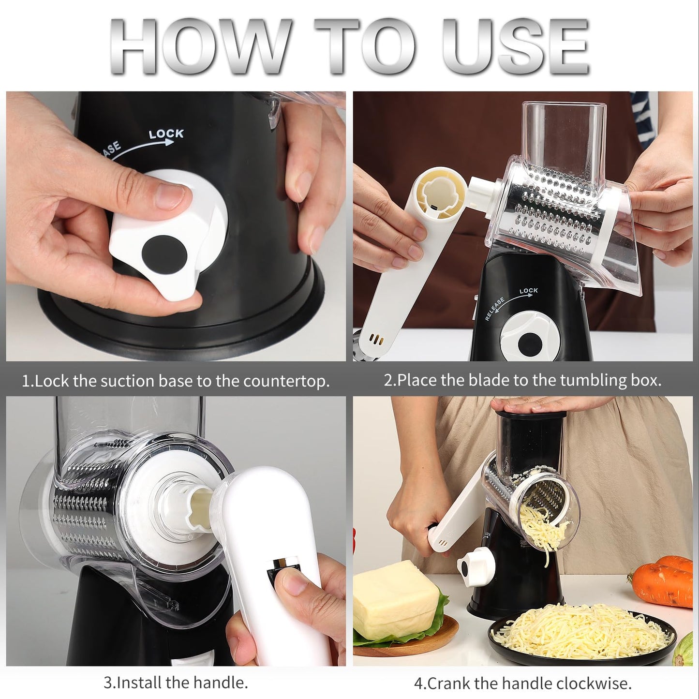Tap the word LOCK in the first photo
pyautogui.click(x=166, y=134)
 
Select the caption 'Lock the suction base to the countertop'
pyautogui.click(x=176, y=381)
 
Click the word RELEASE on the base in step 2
pyautogui.click(x=495, y=309)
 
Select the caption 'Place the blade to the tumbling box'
pyautogui.click(x=522, y=380)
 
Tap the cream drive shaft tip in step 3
pyautogui.click(x=200, y=510)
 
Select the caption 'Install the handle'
pyautogui.click(x=176, y=683)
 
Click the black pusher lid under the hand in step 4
pyautogui.click(x=531, y=414)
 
